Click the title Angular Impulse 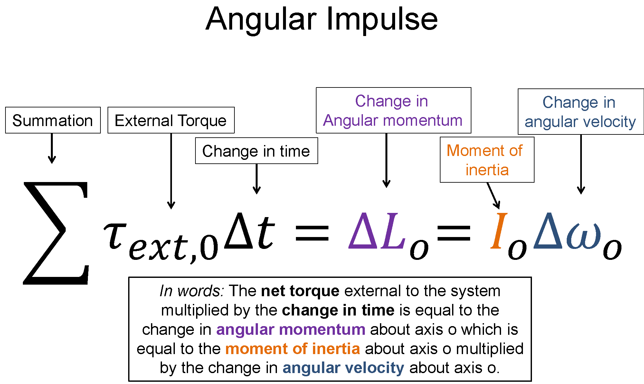(322, 19)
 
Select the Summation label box (53, 120)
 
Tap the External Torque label (171, 120)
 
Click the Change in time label (256, 151)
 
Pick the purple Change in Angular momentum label (393, 110)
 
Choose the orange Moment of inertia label (487, 160)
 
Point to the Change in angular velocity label (580, 112)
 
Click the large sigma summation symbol (56, 233)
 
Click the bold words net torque (300, 291)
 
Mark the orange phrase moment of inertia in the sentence (292, 349)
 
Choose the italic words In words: (192, 291)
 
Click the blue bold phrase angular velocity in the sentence (343, 368)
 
